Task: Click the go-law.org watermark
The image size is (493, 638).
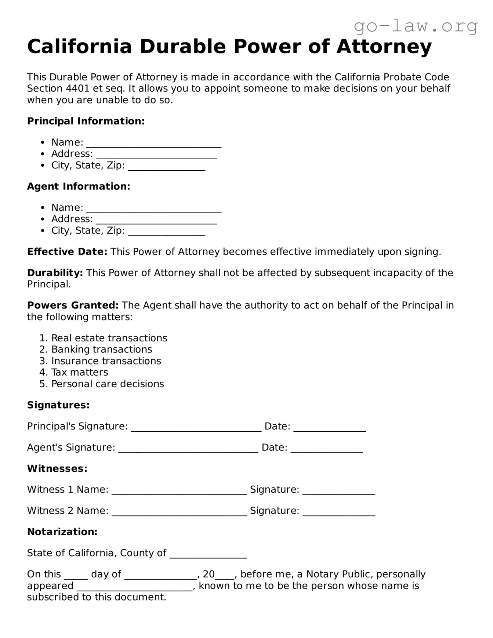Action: point(415,26)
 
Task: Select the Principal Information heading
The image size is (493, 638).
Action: point(86,121)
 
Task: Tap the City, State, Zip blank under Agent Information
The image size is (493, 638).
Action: point(166,232)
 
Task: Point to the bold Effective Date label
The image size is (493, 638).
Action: point(67,252)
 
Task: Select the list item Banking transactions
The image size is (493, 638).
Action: point(101,349)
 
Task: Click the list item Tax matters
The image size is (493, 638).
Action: point(80,372)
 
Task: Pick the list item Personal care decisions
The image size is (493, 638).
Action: point(108,384)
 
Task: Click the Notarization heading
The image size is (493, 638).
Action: point(62,532)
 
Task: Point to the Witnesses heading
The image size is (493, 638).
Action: point(57,468)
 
